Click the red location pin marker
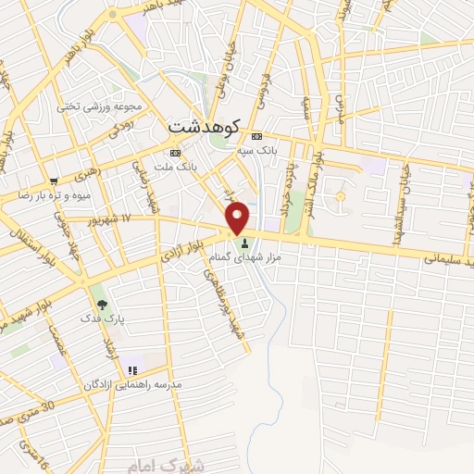pos(238,218)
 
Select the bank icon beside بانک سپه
pos(257,135)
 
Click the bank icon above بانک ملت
pos(174,153)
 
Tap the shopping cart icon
pos(55,182)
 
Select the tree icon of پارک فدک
pos(101,303)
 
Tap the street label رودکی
pos(125,128)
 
